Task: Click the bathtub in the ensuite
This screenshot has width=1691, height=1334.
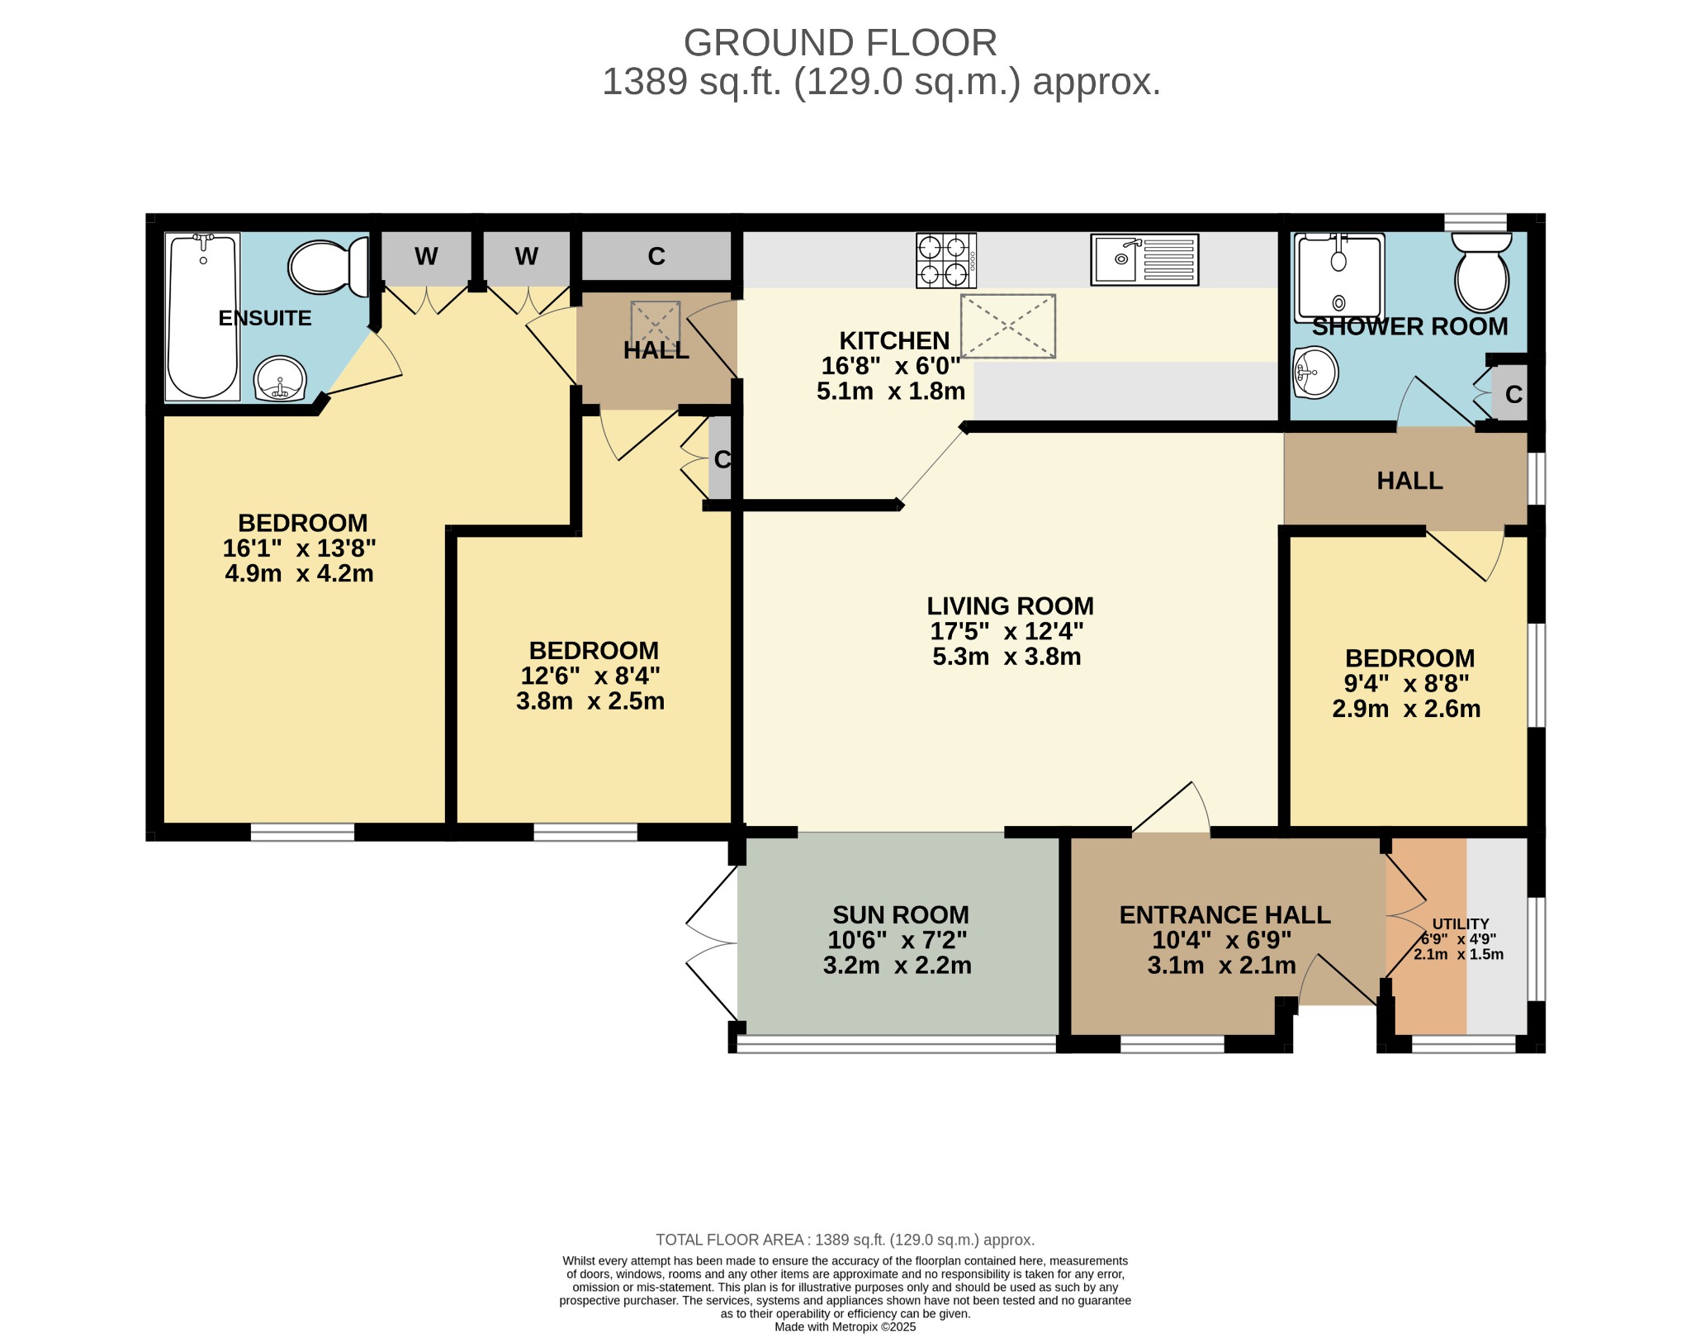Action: click(x=202, y=317)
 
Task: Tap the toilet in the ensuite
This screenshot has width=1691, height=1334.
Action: click(x=327, y=267)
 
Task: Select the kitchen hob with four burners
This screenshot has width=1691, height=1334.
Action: click(x=945, y=260)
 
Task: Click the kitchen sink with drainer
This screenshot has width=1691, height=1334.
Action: click(x=1144, y=259)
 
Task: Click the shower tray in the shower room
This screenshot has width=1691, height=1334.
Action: click(x=1338, y=278)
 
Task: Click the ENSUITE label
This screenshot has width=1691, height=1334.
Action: click(x=264, y=318)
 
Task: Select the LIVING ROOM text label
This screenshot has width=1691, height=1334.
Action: click(x=1009, y=605)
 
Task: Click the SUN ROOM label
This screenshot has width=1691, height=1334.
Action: click(x=900, y=914)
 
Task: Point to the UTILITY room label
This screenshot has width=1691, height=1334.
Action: click(x=1460, y=923)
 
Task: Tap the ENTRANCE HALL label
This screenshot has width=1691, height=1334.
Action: click(x=1224, y=914)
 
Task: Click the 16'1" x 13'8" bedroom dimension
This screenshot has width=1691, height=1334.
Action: click(x=299, y=548)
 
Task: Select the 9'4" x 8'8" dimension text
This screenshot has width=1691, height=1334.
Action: click(x=1406, y=683)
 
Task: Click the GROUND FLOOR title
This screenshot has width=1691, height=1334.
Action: click(x=840, y=43)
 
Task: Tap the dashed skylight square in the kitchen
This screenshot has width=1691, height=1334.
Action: click(x=1007, y=326)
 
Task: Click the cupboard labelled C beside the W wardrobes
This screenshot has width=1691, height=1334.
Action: click(x=656, y=256)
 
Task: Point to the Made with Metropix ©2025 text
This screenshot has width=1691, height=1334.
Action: click(x=845, y=1327)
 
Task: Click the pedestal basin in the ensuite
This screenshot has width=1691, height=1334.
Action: click(x=281, y=379)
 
